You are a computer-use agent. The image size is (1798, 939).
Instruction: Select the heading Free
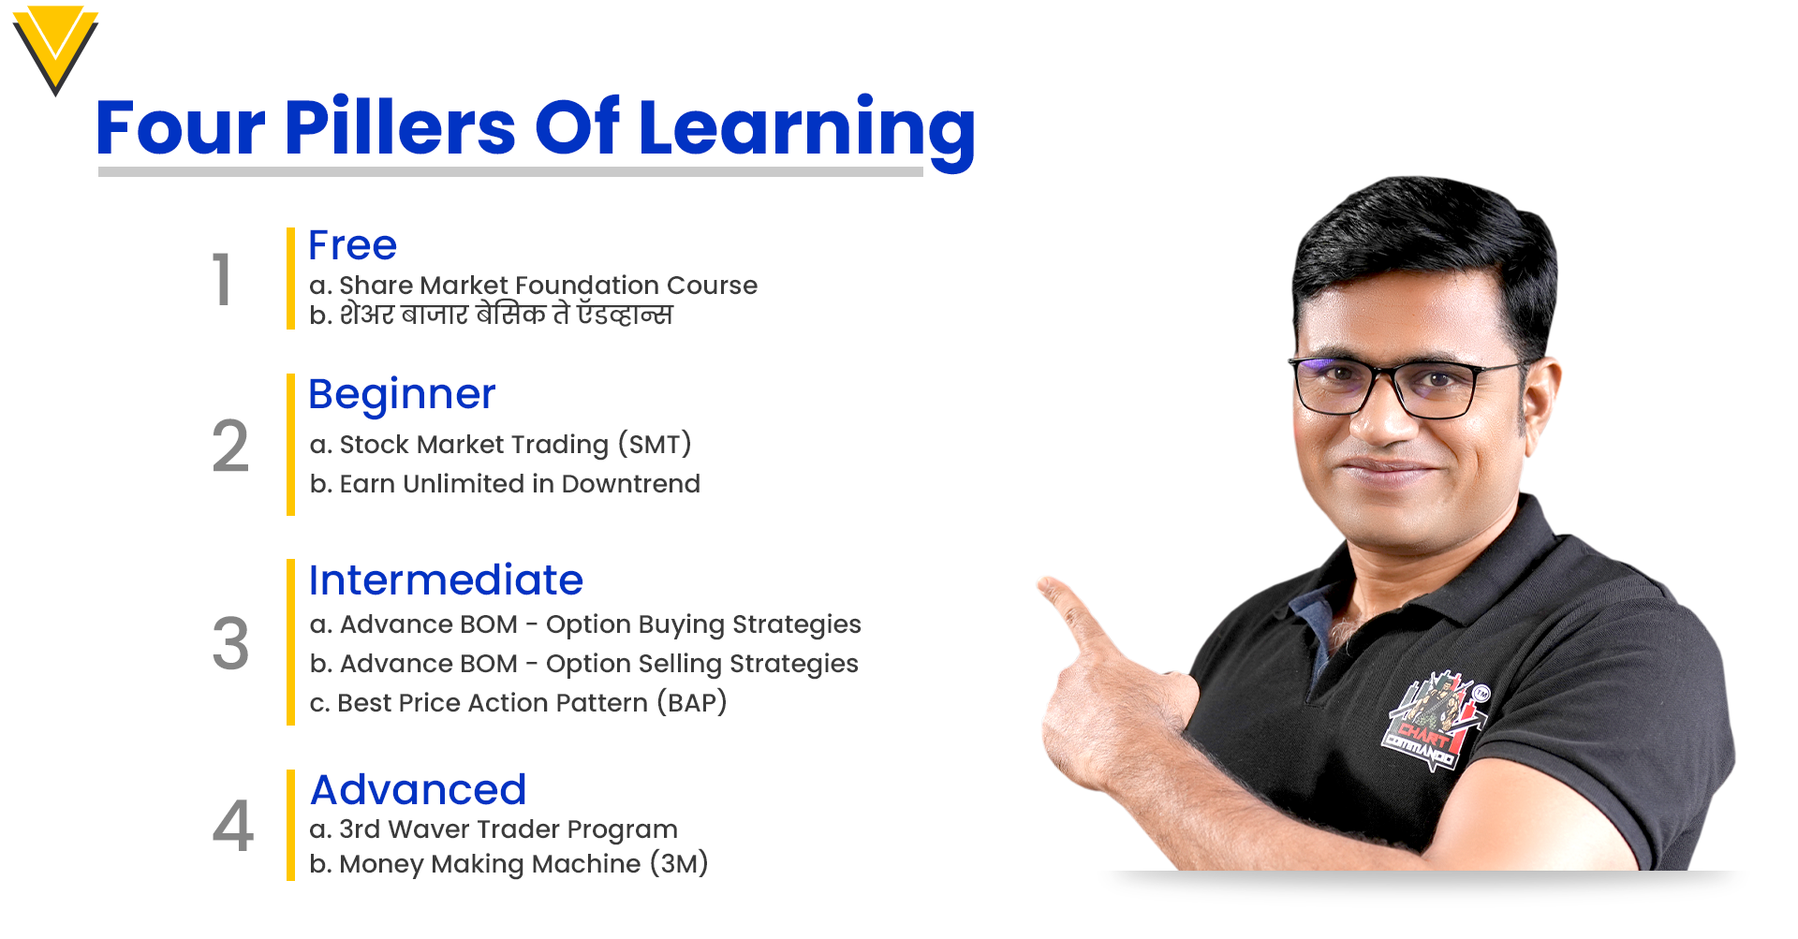tap(352, 245)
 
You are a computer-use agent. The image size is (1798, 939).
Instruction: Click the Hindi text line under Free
tap(491, 315)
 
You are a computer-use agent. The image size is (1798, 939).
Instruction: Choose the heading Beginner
tap(402, 395)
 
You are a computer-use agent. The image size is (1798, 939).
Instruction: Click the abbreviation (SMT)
tap(655, 444)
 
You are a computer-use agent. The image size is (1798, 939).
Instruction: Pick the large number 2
tap(230, 446)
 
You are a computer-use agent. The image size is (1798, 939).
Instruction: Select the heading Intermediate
tap(446, 580)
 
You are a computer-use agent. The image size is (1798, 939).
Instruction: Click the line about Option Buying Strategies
tap(585, 624)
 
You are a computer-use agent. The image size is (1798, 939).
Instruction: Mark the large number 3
tap(230, 643)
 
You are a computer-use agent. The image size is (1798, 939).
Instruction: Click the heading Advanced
tap(418, 790)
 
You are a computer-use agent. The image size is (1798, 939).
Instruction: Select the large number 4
tap(232, 826)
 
